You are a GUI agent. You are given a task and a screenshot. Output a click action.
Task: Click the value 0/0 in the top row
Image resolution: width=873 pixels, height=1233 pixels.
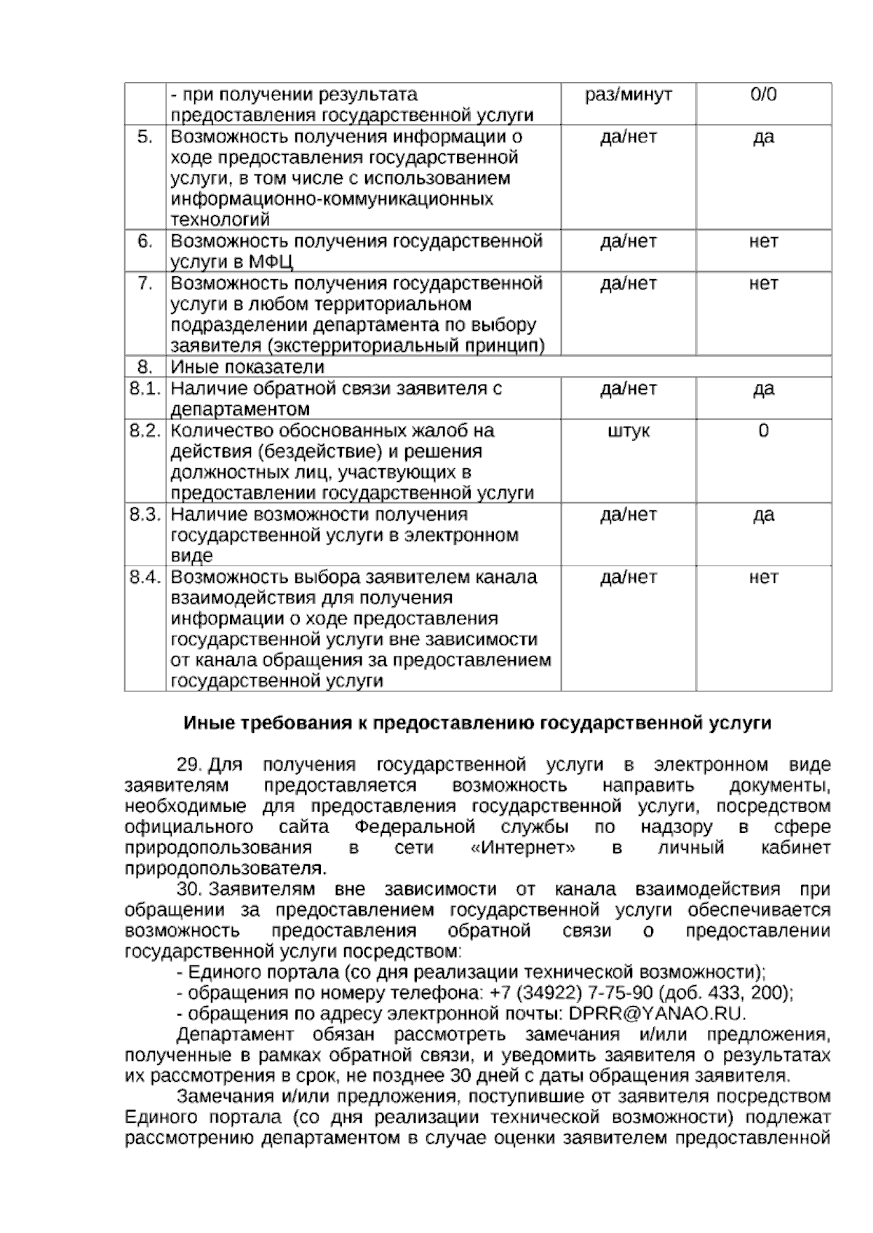[x=763, y=95]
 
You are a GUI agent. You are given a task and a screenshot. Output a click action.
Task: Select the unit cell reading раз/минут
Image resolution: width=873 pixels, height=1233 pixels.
[x=629, y=95]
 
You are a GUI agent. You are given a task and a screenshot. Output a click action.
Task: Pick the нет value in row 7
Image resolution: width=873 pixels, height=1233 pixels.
[x=763, y=283]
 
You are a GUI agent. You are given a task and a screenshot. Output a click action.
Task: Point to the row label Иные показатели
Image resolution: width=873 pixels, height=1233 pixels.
[x=247, y=366]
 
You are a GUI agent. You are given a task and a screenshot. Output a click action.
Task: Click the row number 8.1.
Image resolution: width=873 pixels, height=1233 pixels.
[x=145, y=388]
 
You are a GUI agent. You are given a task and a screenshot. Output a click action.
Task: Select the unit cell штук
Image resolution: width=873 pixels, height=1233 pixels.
[x=629, y=430]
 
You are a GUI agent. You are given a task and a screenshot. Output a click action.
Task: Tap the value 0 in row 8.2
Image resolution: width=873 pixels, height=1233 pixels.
[x=763, y=430]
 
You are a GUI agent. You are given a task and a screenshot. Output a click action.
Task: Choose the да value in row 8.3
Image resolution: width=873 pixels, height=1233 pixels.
[x=763, y=515]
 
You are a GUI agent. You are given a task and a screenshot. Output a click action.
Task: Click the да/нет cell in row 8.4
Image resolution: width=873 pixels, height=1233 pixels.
[x=629, y=577]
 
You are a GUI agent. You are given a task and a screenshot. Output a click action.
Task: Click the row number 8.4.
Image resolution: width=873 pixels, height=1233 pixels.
[x=145, y=577]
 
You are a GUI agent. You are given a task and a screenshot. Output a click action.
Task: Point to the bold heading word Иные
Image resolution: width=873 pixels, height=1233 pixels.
[x=205, y=723]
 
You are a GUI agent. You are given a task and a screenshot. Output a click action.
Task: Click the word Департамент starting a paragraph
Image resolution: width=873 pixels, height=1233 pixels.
[x=235, y=1035]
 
